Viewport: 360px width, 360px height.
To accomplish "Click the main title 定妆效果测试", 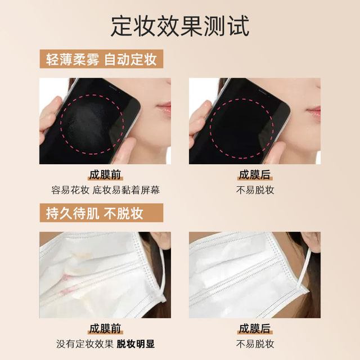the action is point(180,26).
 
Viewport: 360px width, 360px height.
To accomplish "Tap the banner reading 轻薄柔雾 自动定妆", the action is point(101,59).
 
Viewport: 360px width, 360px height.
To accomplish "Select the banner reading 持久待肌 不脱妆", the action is point(101,213).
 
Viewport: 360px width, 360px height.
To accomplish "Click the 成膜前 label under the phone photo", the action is point(105,175).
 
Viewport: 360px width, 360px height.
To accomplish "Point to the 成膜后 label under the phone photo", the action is point(255,175).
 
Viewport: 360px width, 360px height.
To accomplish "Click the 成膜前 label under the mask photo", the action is point(105,328).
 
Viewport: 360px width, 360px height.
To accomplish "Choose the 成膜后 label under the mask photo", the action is point(255,328).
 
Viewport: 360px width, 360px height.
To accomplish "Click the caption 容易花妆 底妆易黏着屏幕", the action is point(105,190).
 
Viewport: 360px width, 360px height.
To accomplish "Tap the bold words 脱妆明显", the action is point(136,344).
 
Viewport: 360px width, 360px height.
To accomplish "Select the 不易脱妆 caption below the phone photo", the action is point(255,190).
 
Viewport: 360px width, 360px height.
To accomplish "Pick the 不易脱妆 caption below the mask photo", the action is point(255,344).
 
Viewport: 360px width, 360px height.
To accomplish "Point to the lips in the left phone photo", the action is point(164,108).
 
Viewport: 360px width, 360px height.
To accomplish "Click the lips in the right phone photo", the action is point(314,112).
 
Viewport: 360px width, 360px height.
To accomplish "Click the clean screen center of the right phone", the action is point(241,129).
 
